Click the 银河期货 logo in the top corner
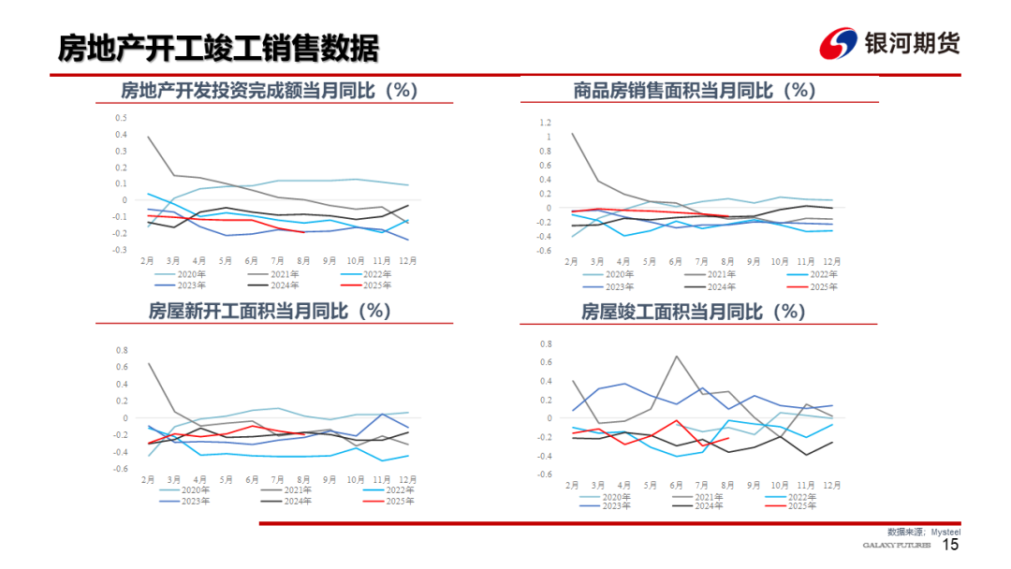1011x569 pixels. coord(889,43)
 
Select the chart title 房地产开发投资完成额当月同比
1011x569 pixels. coord(269,91)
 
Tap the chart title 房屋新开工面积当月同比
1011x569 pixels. coord(269,311)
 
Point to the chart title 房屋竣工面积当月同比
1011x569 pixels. coord(693,311)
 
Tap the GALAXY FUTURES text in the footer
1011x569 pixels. coord(896,546)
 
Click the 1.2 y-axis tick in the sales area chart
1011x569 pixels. coord(545,123)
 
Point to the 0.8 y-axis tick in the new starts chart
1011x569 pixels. coord(121,351)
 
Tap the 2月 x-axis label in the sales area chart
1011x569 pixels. coord(571,260)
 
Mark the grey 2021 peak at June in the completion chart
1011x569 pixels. coord(676,356)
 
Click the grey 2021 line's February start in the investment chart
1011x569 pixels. coord(148,137)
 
